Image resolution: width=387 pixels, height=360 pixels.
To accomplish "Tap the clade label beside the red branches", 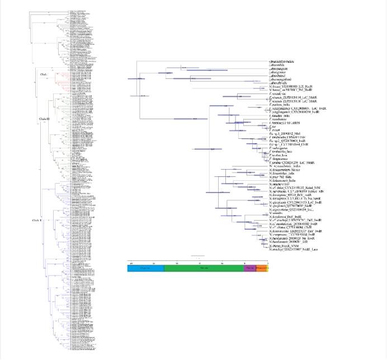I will click(44, 74).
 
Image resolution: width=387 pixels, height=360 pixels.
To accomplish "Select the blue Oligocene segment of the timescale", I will click(145, 269).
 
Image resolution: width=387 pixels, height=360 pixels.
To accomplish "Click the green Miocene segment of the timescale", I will click(204, 269).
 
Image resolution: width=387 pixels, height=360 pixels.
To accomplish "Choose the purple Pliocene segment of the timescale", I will click(250, 269).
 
